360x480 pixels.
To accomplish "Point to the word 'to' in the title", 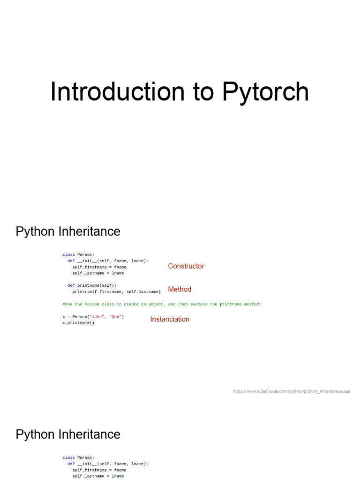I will [203, 92].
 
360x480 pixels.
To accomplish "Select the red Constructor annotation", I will [186, 266].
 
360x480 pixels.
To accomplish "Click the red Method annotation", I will [180, 289].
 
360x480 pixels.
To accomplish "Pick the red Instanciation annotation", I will [170, 319].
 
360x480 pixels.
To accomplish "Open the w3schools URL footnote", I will [291, 391].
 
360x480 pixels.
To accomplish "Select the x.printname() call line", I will [78, 322].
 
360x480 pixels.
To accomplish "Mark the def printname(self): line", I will [92, 285].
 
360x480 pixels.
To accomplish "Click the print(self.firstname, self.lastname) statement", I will [116, 292].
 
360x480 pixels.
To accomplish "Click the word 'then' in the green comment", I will [183, 304].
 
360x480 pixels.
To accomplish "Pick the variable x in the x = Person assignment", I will [64, 316].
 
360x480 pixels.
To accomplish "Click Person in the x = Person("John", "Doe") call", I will [81, 316].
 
